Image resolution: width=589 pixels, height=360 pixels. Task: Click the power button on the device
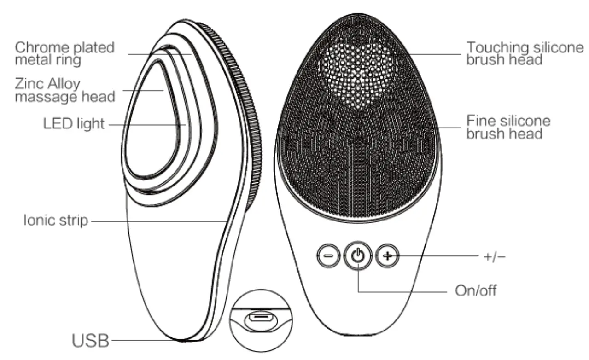[359, 255]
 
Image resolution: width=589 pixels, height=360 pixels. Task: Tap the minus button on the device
[329, 255]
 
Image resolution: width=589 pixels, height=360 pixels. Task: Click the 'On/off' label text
[476, 291]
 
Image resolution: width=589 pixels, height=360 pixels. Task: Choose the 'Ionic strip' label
[56, 221]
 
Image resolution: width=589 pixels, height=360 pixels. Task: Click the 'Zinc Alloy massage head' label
[64, 90]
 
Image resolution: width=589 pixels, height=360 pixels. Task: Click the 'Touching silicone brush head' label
[525, 53]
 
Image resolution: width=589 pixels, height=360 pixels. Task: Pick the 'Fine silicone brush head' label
[508, 127]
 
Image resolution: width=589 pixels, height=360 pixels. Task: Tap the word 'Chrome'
[38, 47]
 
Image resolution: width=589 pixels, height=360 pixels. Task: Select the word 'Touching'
[494, 47]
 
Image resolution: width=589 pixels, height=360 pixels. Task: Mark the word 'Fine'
[479, 121]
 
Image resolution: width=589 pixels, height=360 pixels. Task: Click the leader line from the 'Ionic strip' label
[157, 221]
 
